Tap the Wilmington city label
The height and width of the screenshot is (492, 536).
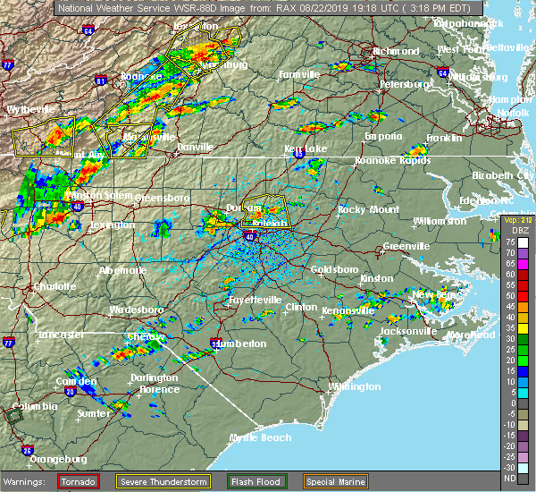pos(355,386)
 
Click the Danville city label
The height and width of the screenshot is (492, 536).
pos(195,147)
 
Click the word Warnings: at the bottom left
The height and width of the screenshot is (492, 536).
pos(28,481)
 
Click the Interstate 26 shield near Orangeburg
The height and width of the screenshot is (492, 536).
pos(28,449)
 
